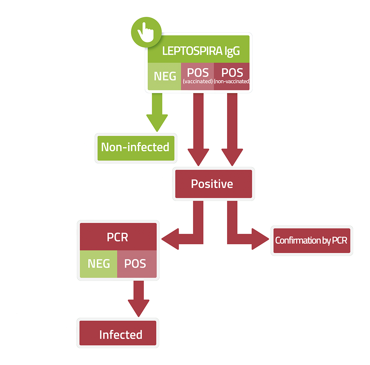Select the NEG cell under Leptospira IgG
coord(165,76)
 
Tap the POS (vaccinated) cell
coord(197,76)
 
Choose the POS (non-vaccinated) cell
coord(231,76)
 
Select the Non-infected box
coord(136,147)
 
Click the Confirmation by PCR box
coord(311,241)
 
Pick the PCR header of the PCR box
coord(118,237)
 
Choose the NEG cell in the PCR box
coord(99,264)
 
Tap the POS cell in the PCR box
coord(137,264)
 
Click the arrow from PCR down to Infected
coord(138,297)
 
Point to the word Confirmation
coord(297,241)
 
